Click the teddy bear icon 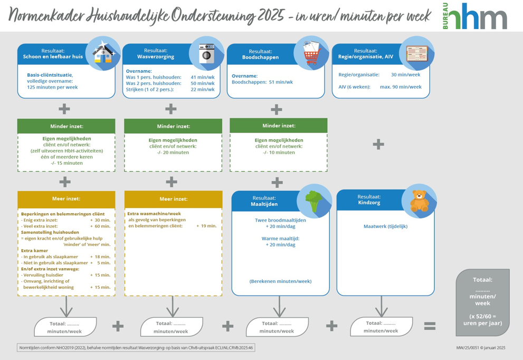coord(419,201)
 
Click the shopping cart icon coord(311,53)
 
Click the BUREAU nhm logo coord(474,16)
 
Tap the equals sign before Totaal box coord(430,326)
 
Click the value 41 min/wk coord(202,77)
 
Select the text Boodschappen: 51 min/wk coord(262,82)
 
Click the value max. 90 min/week coord(401,87)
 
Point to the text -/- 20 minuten coord(173,152)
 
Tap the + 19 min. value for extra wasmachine coord(206,226)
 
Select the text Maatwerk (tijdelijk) coord(385,226)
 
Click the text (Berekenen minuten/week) coord(280,281)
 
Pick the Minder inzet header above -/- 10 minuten coord(279,126)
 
